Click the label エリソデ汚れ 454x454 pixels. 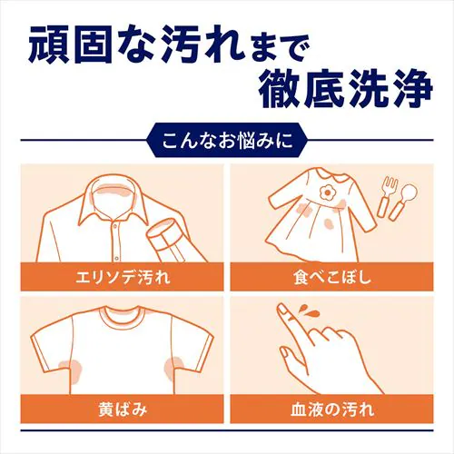coord(124,273)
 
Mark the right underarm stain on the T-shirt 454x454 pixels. coord(173,367)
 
